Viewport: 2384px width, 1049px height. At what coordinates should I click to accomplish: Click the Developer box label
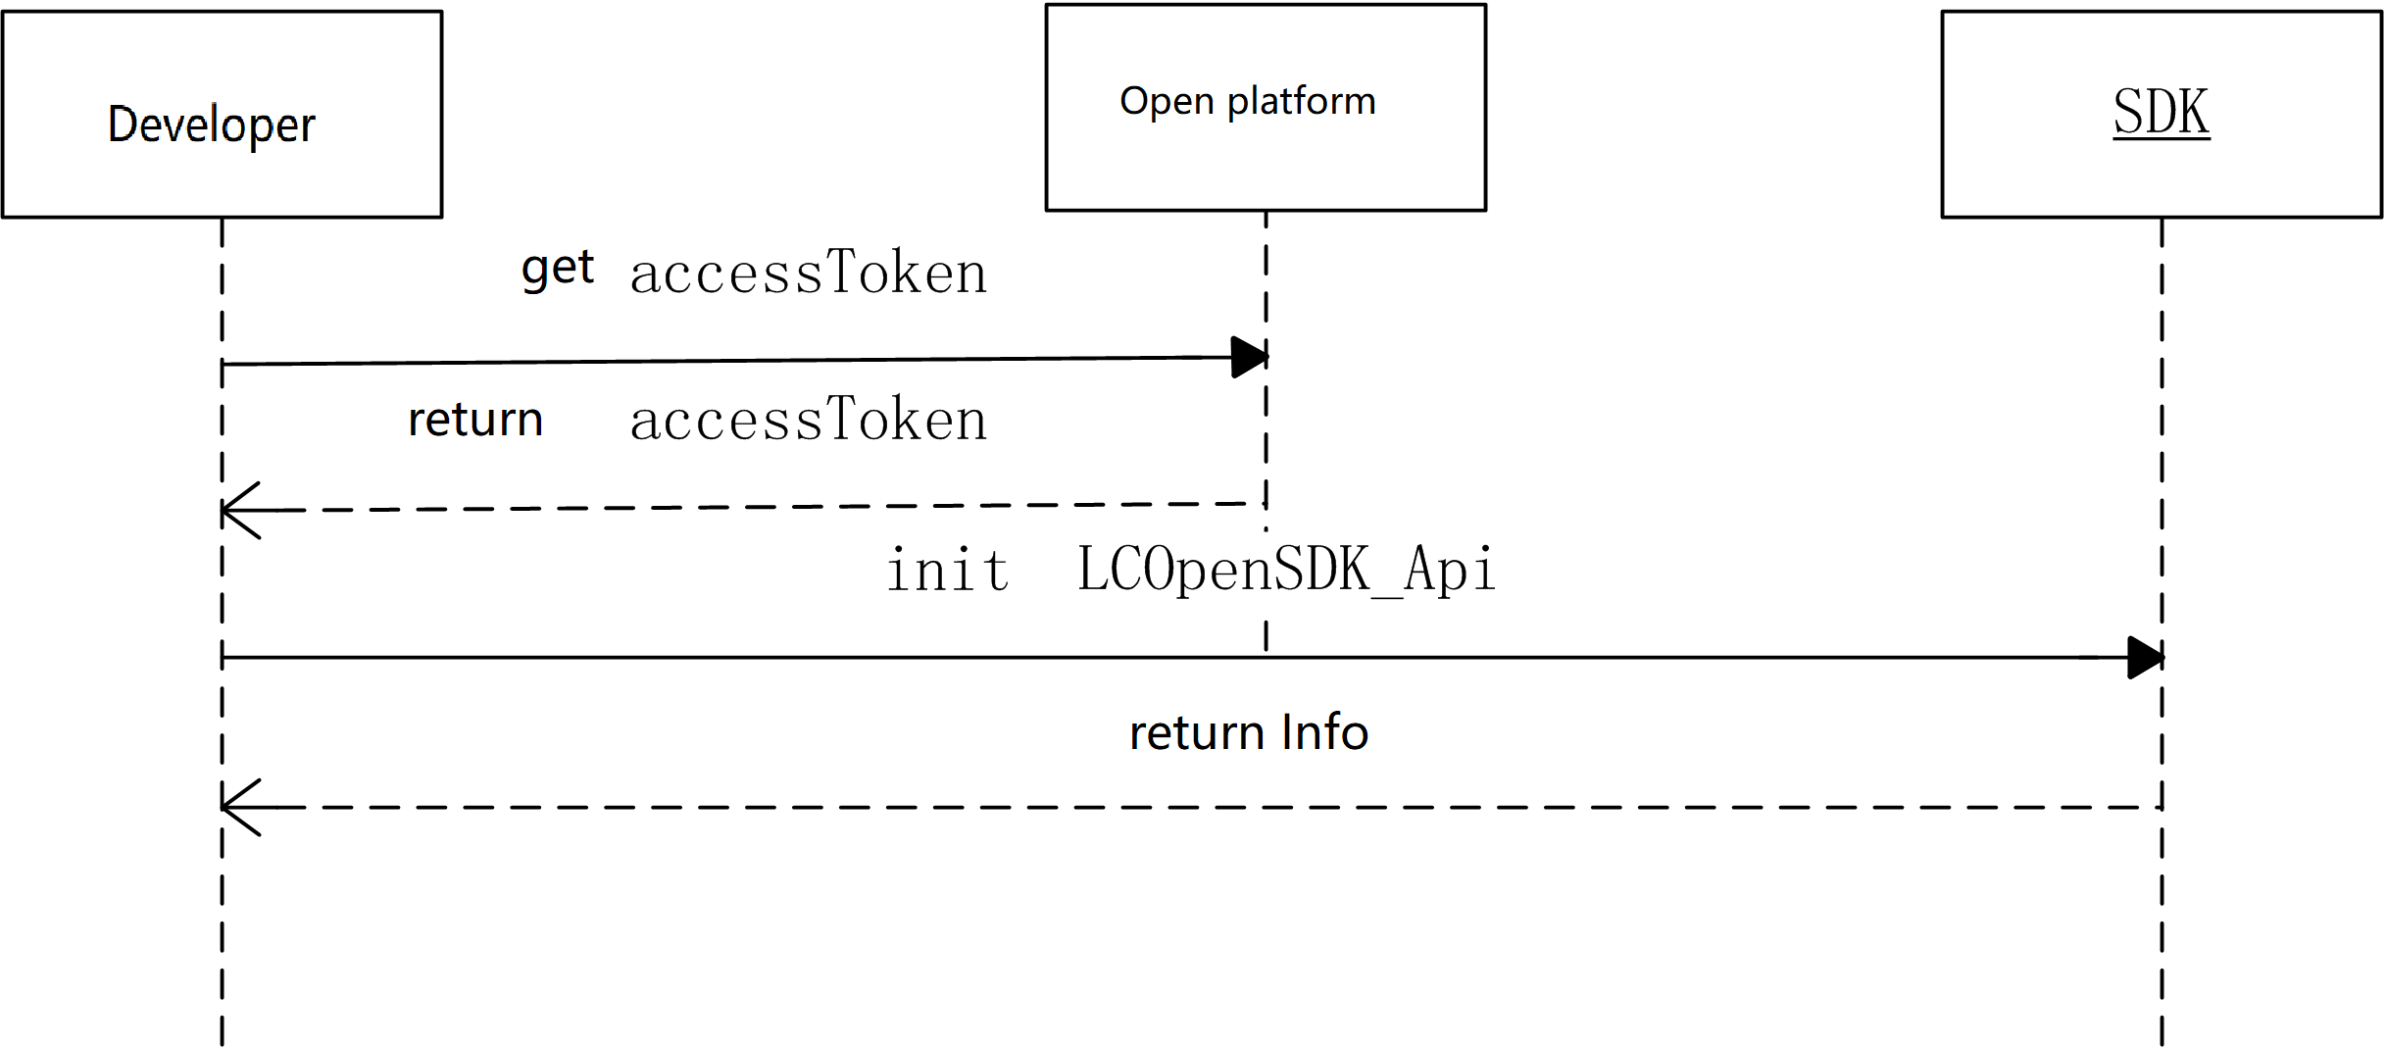tap(212, 125)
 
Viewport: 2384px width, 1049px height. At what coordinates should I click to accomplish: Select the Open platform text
tap(1248, 102)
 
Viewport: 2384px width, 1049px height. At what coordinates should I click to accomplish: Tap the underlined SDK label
tap(2160, 113)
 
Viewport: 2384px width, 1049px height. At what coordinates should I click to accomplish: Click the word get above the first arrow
tap(558, 269)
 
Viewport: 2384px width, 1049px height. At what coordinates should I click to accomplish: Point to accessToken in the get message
tap(808, 274)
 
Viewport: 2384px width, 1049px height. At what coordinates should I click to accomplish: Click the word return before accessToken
tap(475, 421)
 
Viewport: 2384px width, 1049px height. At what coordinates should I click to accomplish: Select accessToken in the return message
tap(808, 421)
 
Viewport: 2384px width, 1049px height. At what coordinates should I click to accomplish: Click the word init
tap(948, 571)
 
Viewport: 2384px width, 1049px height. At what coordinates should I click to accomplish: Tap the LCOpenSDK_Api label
tap(1286, 571)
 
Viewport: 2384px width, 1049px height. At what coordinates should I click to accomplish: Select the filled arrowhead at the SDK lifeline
tap(2146, 658)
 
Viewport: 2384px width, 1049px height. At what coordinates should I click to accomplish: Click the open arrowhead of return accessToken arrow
tap(237, 511)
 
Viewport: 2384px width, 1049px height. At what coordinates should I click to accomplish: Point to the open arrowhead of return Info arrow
tap(237, 808)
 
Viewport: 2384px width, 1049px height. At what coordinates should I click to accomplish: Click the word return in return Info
tap(1197, 733)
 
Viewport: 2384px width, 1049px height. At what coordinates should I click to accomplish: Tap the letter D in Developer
tap(121, 125)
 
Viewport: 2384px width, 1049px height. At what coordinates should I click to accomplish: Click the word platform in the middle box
tap(1302, 102)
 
